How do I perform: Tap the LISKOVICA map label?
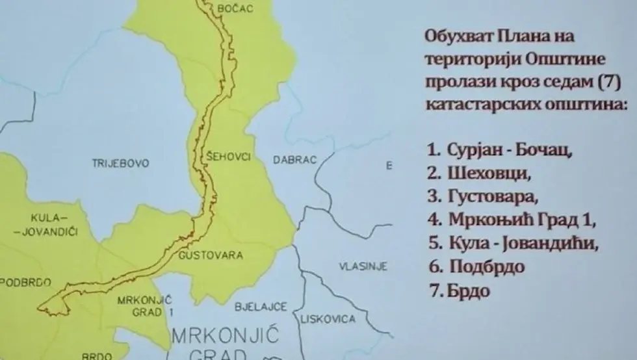coord(328,319)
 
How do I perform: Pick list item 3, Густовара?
coord(484,197)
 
